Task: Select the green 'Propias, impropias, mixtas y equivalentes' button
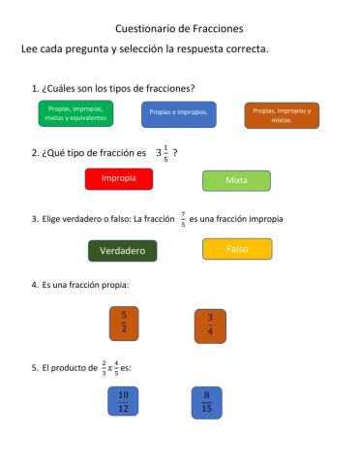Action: pyautogui.click(x=75, y=113)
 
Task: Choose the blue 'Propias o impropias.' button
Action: pyautogui.click(x=179, y=114)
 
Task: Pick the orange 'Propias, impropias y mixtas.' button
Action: pyautogui.click(x=282, y=115)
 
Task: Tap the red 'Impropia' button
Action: pyautogui.click(x=118, y=179)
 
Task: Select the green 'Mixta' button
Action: pyautogui.click(x=236, y=181)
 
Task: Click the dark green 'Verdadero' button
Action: pyautogui.click(x=122, y=251)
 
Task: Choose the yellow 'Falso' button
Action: pyautogui.click(x=237, y=249)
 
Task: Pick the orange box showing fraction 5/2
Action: pyautogui.click(x=124, y=323)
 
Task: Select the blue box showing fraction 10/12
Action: pyautogui.click(x=123, y=401)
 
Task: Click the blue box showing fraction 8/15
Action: pyautogui.click(x=206, y=401)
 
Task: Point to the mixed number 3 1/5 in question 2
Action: pyautogui.click(x=162, y=152)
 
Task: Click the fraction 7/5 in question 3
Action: pyautogui.click(x=183, y=219)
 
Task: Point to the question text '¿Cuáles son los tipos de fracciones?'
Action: pyautogui.click(x=119, y=88)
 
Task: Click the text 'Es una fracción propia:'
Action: pyautogui.click(x=85, y=285)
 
